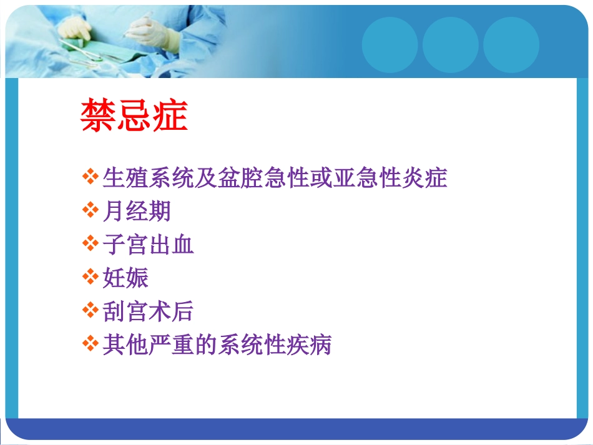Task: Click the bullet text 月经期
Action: coord(137,212)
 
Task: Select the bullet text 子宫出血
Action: coord(149,245)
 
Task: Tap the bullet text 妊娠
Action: coord(125,278)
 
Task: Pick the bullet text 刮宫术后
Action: coord(149,311)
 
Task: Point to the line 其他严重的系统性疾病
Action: coord(217,345)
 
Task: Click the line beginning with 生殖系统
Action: coord(275,178)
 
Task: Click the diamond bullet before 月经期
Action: coord(91,211)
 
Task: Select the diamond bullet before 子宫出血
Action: coord(91,244)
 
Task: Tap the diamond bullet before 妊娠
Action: coord(91,277)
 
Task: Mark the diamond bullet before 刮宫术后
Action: coord(91,310)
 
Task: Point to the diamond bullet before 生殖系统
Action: coord(91,177)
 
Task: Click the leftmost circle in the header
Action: coord(390,45)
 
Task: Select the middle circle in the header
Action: coord(450,45)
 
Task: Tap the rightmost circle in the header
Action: coord(511,45)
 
